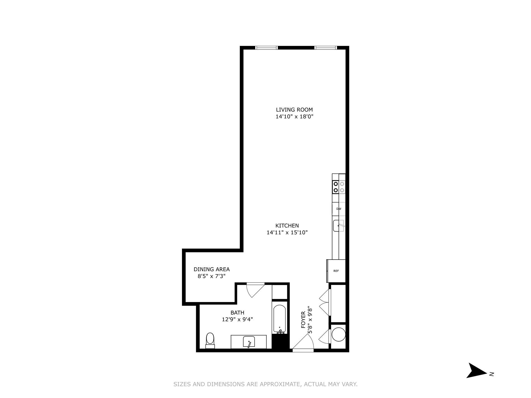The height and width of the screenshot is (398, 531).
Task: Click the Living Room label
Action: coord(294,110)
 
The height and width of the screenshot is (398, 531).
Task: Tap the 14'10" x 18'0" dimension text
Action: coord(294,117)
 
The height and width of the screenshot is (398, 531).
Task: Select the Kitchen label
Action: coord(287,226)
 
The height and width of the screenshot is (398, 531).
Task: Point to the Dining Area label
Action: coord(212,269)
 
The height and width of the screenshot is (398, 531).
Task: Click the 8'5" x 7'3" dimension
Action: coord(212,276)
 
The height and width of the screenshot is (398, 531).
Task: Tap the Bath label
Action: coord(237,313)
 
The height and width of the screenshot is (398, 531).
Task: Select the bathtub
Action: coord(280,319)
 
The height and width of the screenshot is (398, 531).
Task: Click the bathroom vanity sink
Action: coord(249,342)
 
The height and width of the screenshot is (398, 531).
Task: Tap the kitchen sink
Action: coord(339,226)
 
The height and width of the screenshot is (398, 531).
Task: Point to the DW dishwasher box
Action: coord(339,209)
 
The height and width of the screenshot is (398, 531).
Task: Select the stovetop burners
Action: coord(339,187)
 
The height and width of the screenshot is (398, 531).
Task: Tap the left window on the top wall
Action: coord(266,48)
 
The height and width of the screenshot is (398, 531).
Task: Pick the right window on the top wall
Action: coord(326,48)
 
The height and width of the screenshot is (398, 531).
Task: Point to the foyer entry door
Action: coord(303,343)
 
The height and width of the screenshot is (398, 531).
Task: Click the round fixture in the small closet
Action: coord(339,334)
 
